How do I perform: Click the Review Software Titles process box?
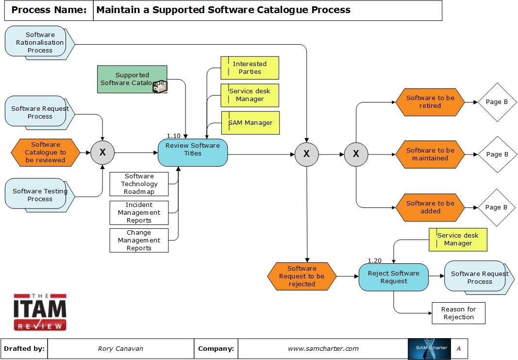pos(193,153)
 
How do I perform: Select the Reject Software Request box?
pos(393,277)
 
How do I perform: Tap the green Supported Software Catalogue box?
pos(132,79)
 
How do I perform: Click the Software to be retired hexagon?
pos(430,102)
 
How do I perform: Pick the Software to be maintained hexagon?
pos(430,154)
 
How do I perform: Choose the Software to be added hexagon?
pos(430,207)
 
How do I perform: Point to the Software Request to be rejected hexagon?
pos(301,276)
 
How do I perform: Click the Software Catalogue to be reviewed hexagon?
pos(45,153)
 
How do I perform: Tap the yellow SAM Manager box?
pos(251,123)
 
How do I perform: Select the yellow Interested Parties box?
pos(250,68)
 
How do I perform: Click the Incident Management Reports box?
pos(139,213)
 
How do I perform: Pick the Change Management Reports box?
pos(139,240)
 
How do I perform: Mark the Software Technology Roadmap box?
pos(139,184)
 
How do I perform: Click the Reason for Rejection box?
pos(458,313)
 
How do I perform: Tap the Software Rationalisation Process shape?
pos(39,43)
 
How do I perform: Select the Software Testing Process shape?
pos(39,195)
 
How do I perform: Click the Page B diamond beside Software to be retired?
pos(497,102)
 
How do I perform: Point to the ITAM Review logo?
pos(40,312)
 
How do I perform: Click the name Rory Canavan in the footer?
pos(120,348)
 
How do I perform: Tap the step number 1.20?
pos(374,260)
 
